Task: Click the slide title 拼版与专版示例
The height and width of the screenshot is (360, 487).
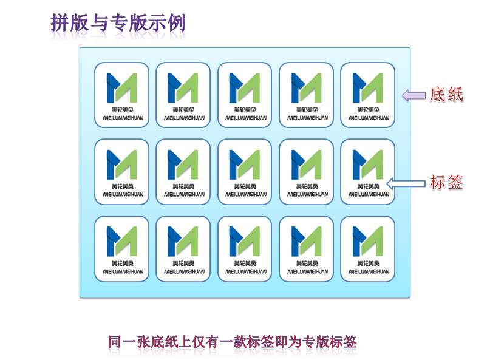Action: [118, 23]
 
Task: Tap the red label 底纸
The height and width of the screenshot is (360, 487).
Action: [446, 95]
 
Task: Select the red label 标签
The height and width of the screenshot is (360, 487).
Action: [446, 182]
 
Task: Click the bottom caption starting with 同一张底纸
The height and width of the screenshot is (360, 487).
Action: [232, 341]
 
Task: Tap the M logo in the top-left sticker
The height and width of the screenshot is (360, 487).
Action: [121, 87]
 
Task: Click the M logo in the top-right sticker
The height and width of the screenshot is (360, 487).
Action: [367, 87]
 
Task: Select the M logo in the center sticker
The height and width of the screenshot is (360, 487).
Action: [244, 165]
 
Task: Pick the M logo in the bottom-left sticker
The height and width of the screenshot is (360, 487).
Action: [121, 241]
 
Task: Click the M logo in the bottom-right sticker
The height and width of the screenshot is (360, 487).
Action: [367, 241]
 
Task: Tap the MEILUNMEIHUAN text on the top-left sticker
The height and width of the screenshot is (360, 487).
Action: [121, 118]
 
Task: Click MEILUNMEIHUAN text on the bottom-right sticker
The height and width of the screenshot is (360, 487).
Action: [367, 271]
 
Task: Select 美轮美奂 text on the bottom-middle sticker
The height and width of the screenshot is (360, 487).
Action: [244, 263]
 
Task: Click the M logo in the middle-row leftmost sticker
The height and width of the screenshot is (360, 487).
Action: [121, 165]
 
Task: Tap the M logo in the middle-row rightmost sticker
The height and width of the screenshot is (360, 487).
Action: [367, 165]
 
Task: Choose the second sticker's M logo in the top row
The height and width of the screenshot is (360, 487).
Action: [183, 87]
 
